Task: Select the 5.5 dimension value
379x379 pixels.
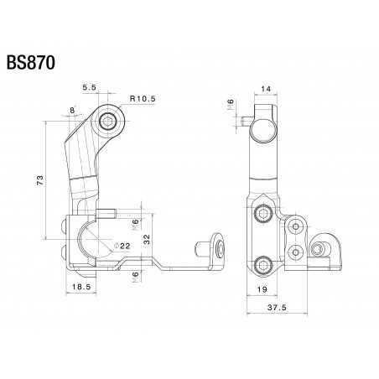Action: pos(90,86)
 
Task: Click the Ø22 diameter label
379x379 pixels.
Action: pos(121,246)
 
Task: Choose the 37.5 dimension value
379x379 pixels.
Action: pos(288,308)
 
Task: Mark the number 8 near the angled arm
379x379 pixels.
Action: pos(73,110)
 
